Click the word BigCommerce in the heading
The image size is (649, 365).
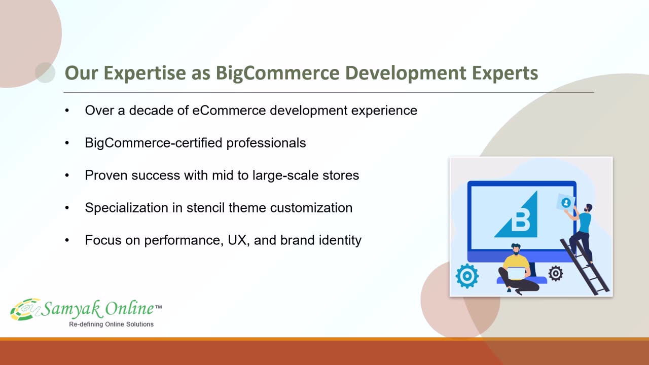[277, 73]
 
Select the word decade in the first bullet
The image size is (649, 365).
[151, 111]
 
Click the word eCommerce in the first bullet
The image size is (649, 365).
[229, 111]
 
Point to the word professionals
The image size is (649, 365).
[266, 143]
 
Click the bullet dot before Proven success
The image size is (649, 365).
[67, 175]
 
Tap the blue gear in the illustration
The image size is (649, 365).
[467, 276]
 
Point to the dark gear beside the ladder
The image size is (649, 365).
[555, 273]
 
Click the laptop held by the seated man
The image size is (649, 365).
[516, 273]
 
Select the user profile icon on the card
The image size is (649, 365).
[566, 203]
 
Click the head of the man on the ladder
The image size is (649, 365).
[589, 208]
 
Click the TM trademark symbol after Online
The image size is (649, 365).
[159, 307]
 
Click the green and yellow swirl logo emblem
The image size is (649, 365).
[25, 309]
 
